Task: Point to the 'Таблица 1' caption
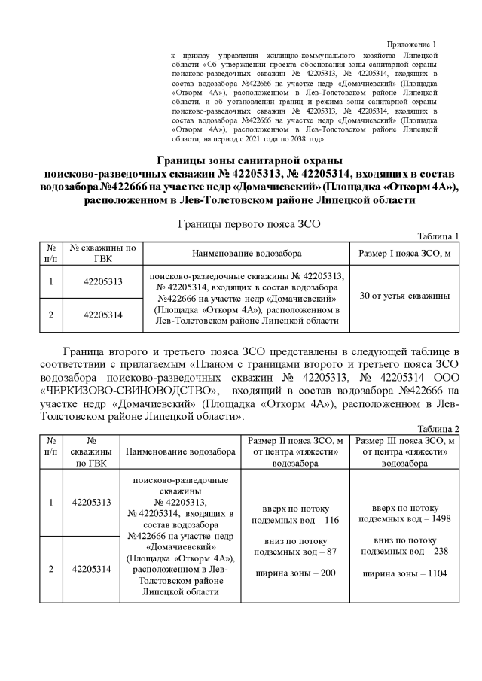pos(438,236)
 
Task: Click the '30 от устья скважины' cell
pos(404,296)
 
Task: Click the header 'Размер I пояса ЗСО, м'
pos(404,254)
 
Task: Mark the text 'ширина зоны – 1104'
pos(405,573)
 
